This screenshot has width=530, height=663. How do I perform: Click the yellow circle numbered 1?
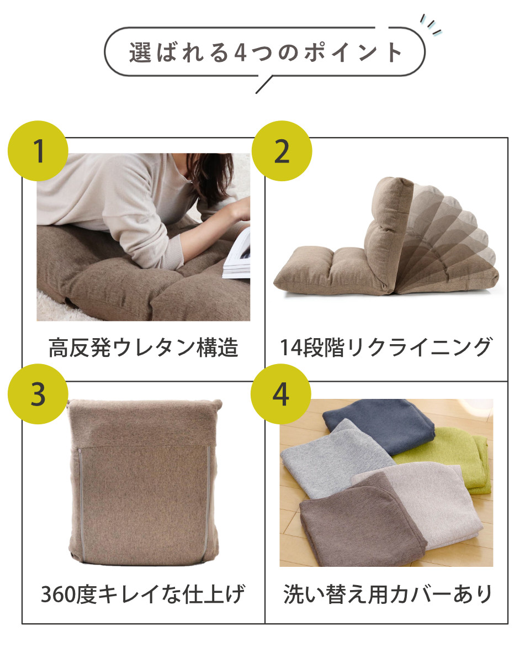38,151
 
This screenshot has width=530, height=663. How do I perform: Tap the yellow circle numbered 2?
282,151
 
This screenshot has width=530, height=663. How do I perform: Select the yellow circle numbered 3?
38,394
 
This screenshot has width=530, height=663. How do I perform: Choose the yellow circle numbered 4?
282,394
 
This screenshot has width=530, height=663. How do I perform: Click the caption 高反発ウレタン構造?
144,348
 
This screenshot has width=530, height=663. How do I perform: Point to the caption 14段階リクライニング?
385,348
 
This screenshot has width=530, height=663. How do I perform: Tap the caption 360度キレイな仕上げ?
144,594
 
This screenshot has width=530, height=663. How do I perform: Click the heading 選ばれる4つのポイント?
265,53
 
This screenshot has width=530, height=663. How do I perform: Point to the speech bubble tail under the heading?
264,85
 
